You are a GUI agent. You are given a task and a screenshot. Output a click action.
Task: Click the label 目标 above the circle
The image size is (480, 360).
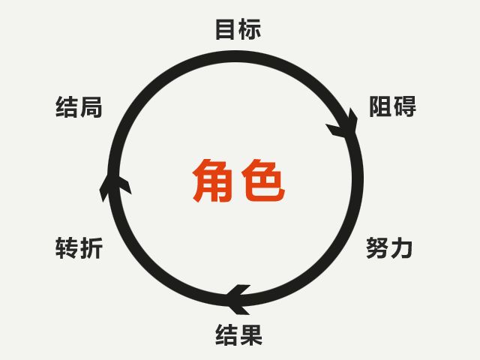(x=238, y=29)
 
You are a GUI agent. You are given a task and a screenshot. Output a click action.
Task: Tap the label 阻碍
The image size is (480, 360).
(x=392, y=106)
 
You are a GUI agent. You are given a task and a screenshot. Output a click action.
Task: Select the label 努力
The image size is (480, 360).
(x=389, y=247)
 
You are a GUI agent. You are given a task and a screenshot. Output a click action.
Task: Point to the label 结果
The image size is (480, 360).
(x=238, y=335)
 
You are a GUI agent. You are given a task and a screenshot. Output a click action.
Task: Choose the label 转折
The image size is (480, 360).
(x=79, y=248)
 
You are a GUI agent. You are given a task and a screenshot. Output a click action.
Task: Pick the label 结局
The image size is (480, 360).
(x=79, y=106)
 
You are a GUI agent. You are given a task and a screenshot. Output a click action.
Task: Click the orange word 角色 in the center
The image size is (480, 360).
(x=238, y=181)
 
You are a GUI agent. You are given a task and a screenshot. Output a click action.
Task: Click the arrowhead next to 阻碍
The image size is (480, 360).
(x=344, y=124)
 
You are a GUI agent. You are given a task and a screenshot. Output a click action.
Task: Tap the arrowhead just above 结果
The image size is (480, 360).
(x=238, y=298)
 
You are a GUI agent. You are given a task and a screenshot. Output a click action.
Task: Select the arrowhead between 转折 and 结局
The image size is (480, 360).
(x=115, y=187)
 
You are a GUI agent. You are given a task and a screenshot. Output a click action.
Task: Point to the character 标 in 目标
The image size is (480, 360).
(x=250, y=29)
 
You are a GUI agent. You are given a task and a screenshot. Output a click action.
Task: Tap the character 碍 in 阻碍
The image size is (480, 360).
(x=405, y=106)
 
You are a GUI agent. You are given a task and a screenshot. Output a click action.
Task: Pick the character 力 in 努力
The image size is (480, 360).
(x=402, y=247)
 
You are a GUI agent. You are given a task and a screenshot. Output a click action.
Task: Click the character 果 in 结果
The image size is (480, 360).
(x=251, y=335)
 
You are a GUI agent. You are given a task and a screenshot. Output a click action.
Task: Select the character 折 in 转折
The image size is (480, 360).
(x=91, y=248)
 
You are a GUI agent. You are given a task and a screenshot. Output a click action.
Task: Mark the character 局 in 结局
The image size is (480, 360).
(x=91, y=106)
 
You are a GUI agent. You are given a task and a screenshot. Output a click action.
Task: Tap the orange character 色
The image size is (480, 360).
(x=263, y=181)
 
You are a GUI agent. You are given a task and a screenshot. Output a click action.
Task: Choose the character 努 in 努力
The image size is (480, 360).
(x=377, y=247)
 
